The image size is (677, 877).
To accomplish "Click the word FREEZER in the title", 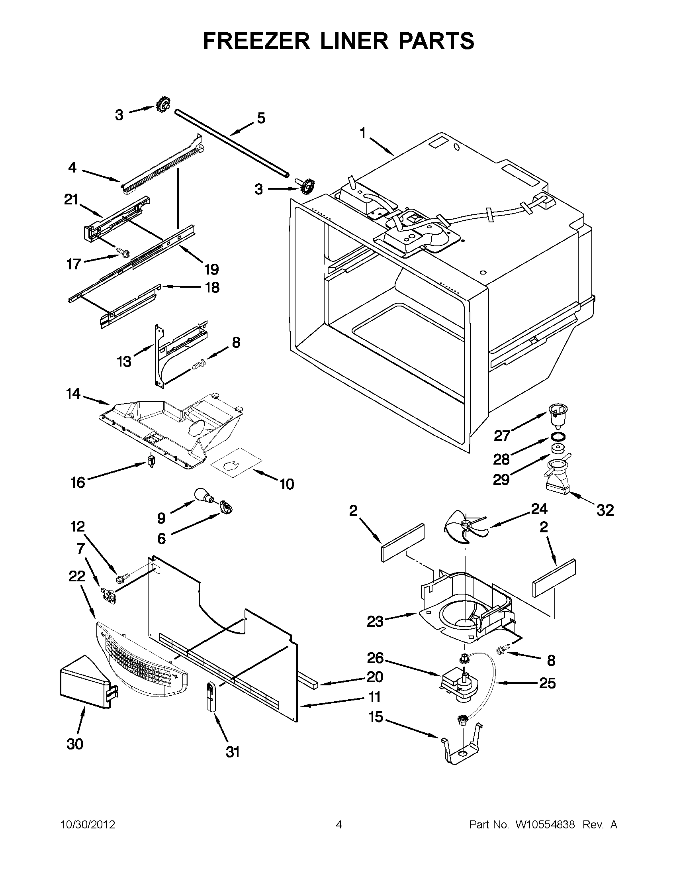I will tap(256, 41).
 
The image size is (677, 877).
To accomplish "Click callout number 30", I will tap(74, 744).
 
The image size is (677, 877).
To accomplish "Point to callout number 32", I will tap(605, 510).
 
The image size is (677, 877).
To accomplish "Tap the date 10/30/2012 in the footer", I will tap(88, 825).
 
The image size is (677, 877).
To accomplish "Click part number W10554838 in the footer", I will tap(545, 825).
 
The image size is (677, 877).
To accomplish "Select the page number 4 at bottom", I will tap(339, 825).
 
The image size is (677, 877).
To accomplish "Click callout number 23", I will tap(375, 622).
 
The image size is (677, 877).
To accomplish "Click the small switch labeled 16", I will tap(151, 461).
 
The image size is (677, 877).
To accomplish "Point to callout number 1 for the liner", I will tap(363, 133).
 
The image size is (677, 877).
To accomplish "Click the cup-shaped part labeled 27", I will tap(558, 414).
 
